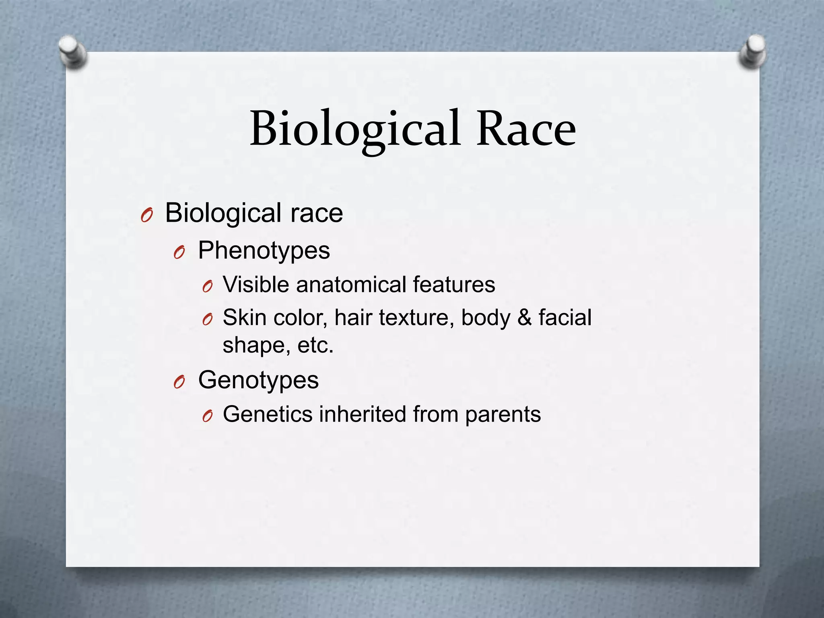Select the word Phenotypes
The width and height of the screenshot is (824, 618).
(x=264, y=251)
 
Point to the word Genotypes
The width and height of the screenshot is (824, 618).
(x=258, y=380)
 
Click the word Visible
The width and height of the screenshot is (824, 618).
(x=256, y=284)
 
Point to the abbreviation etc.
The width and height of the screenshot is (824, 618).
(x=315, y=345)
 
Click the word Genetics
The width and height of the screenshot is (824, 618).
(x=267, y=414)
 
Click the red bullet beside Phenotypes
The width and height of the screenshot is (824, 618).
(x=179, y=253)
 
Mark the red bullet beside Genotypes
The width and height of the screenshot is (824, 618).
(x=179, y=383)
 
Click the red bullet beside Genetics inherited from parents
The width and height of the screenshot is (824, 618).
(x=207, y=417)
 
